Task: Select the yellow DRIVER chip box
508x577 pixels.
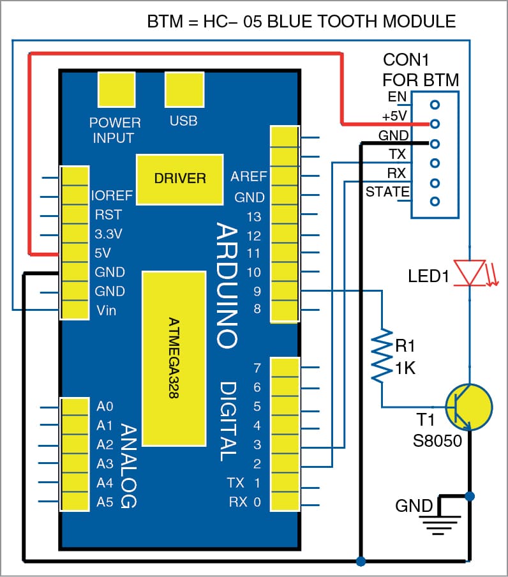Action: (x=180, y=179)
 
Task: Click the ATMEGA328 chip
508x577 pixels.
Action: (x=174, y=358)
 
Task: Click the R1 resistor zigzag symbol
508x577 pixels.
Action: (x=382, y=356)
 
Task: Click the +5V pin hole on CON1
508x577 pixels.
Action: (x=435, y=123)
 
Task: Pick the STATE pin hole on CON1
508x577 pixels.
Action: (x=435, y=202)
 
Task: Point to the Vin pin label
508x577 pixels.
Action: (x=107, y=310)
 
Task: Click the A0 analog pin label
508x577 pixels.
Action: (x=105, y=406)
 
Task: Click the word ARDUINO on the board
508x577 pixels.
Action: (x=227, y=285)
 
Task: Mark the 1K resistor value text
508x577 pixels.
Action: (x=405, y=368)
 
